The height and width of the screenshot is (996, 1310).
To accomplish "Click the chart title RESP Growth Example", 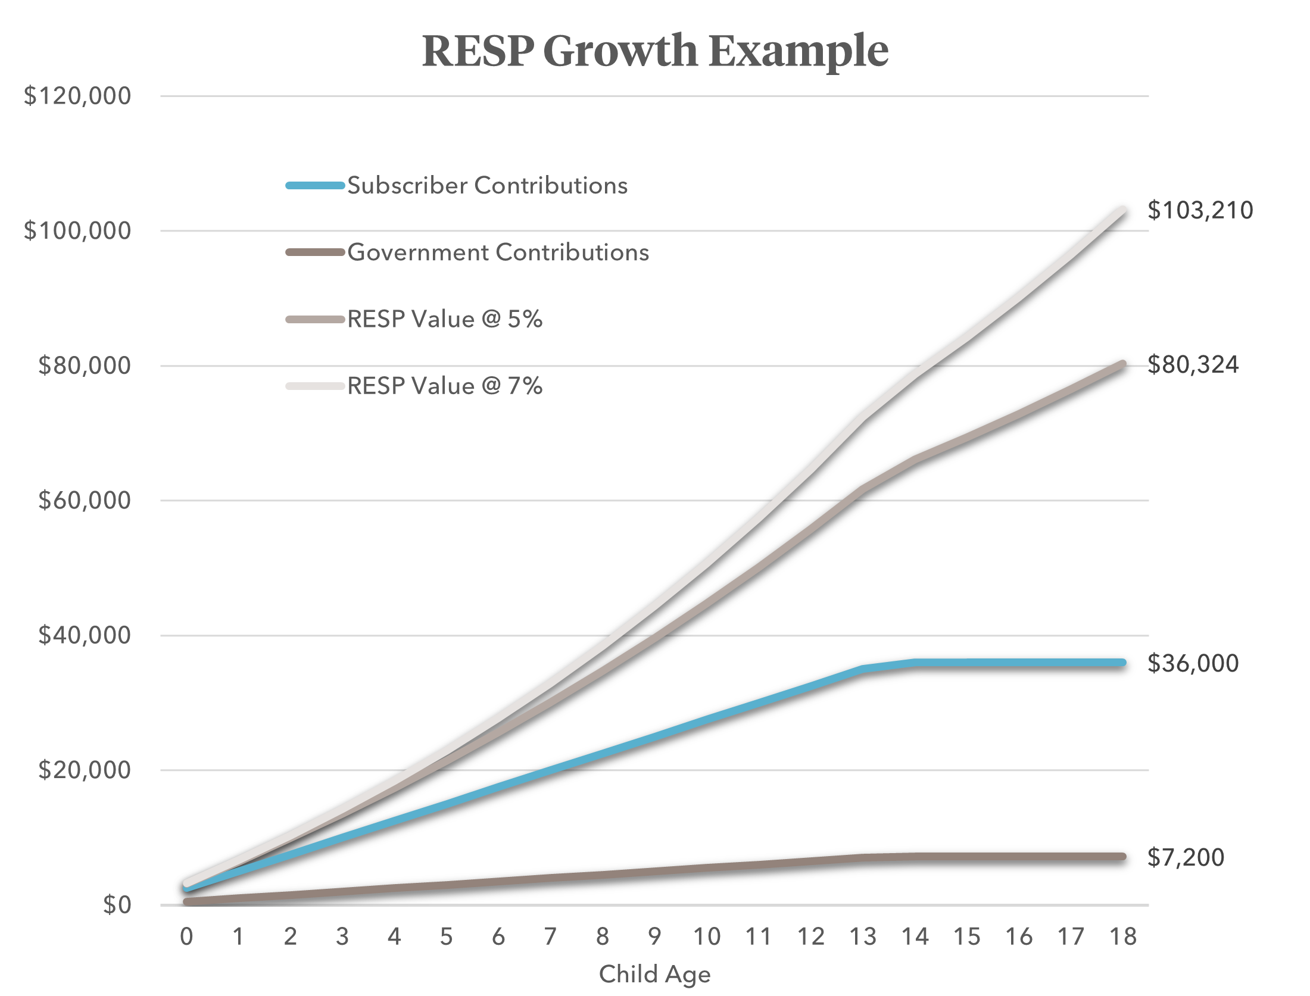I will coord(655,51).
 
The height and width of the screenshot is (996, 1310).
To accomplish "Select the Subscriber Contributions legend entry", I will coord(487,186).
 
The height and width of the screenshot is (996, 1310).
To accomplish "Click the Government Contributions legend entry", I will coord(498,252).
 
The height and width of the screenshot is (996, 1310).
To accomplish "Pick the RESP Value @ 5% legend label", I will coord(445,320).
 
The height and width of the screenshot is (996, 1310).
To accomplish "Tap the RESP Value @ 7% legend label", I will coord(445,386).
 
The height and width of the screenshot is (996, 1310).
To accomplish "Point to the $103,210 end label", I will coord(1200,211).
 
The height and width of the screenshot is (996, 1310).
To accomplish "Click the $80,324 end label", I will coord(1193,365).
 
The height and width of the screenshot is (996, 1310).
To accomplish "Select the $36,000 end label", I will coord(1193,663).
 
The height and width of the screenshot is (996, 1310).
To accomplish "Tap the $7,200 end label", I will coord(1186,857).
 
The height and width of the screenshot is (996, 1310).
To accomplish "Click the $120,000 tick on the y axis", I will coord(77,96).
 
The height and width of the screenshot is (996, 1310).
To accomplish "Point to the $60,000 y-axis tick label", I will coord(85,500).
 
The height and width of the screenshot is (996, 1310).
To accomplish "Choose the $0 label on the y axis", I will coord(117,905).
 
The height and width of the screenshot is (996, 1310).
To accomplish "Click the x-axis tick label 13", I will coord(863,937).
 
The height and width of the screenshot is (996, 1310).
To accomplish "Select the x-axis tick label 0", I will coord(186,937).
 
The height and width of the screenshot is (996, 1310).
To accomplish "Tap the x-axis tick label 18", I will coord(1123,937).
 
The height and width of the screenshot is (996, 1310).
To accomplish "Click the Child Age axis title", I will coord(654,975).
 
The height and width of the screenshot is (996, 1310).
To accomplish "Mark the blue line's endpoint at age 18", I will coord(1122,663).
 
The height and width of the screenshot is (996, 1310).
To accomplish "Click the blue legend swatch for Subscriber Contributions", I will coord(315,186).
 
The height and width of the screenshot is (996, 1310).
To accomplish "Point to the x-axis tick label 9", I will coord(654,937).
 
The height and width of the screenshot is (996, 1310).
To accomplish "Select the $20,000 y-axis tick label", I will coord(85,770).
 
